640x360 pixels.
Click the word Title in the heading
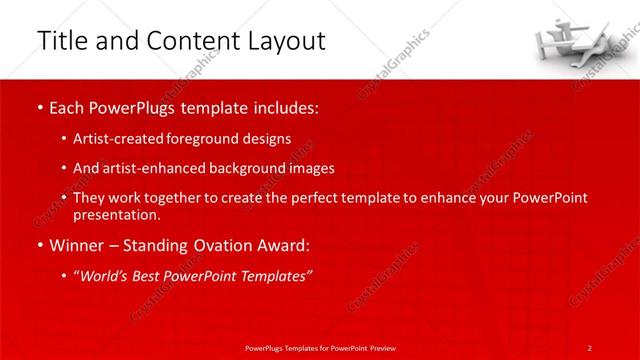(59, 41)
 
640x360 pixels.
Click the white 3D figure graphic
(575, 39)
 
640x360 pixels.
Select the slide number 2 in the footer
(589, 347)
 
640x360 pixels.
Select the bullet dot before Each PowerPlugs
(39, 107)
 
